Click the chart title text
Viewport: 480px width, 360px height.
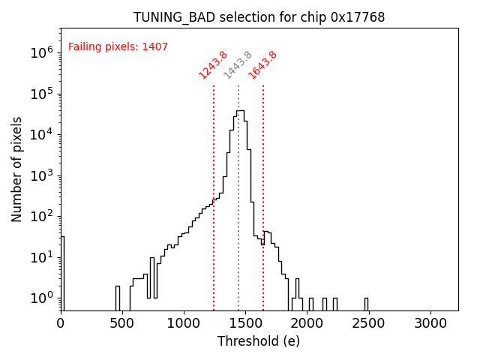(259, 16)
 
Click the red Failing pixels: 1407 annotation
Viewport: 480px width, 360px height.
(118, 46)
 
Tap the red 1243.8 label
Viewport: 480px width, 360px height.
(213, 64)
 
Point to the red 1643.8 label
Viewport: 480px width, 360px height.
(263, 64)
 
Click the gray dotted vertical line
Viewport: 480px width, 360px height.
(238, 187)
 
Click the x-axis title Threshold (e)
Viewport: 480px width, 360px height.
(259, 341)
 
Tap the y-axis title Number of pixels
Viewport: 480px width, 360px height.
(17, 169)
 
